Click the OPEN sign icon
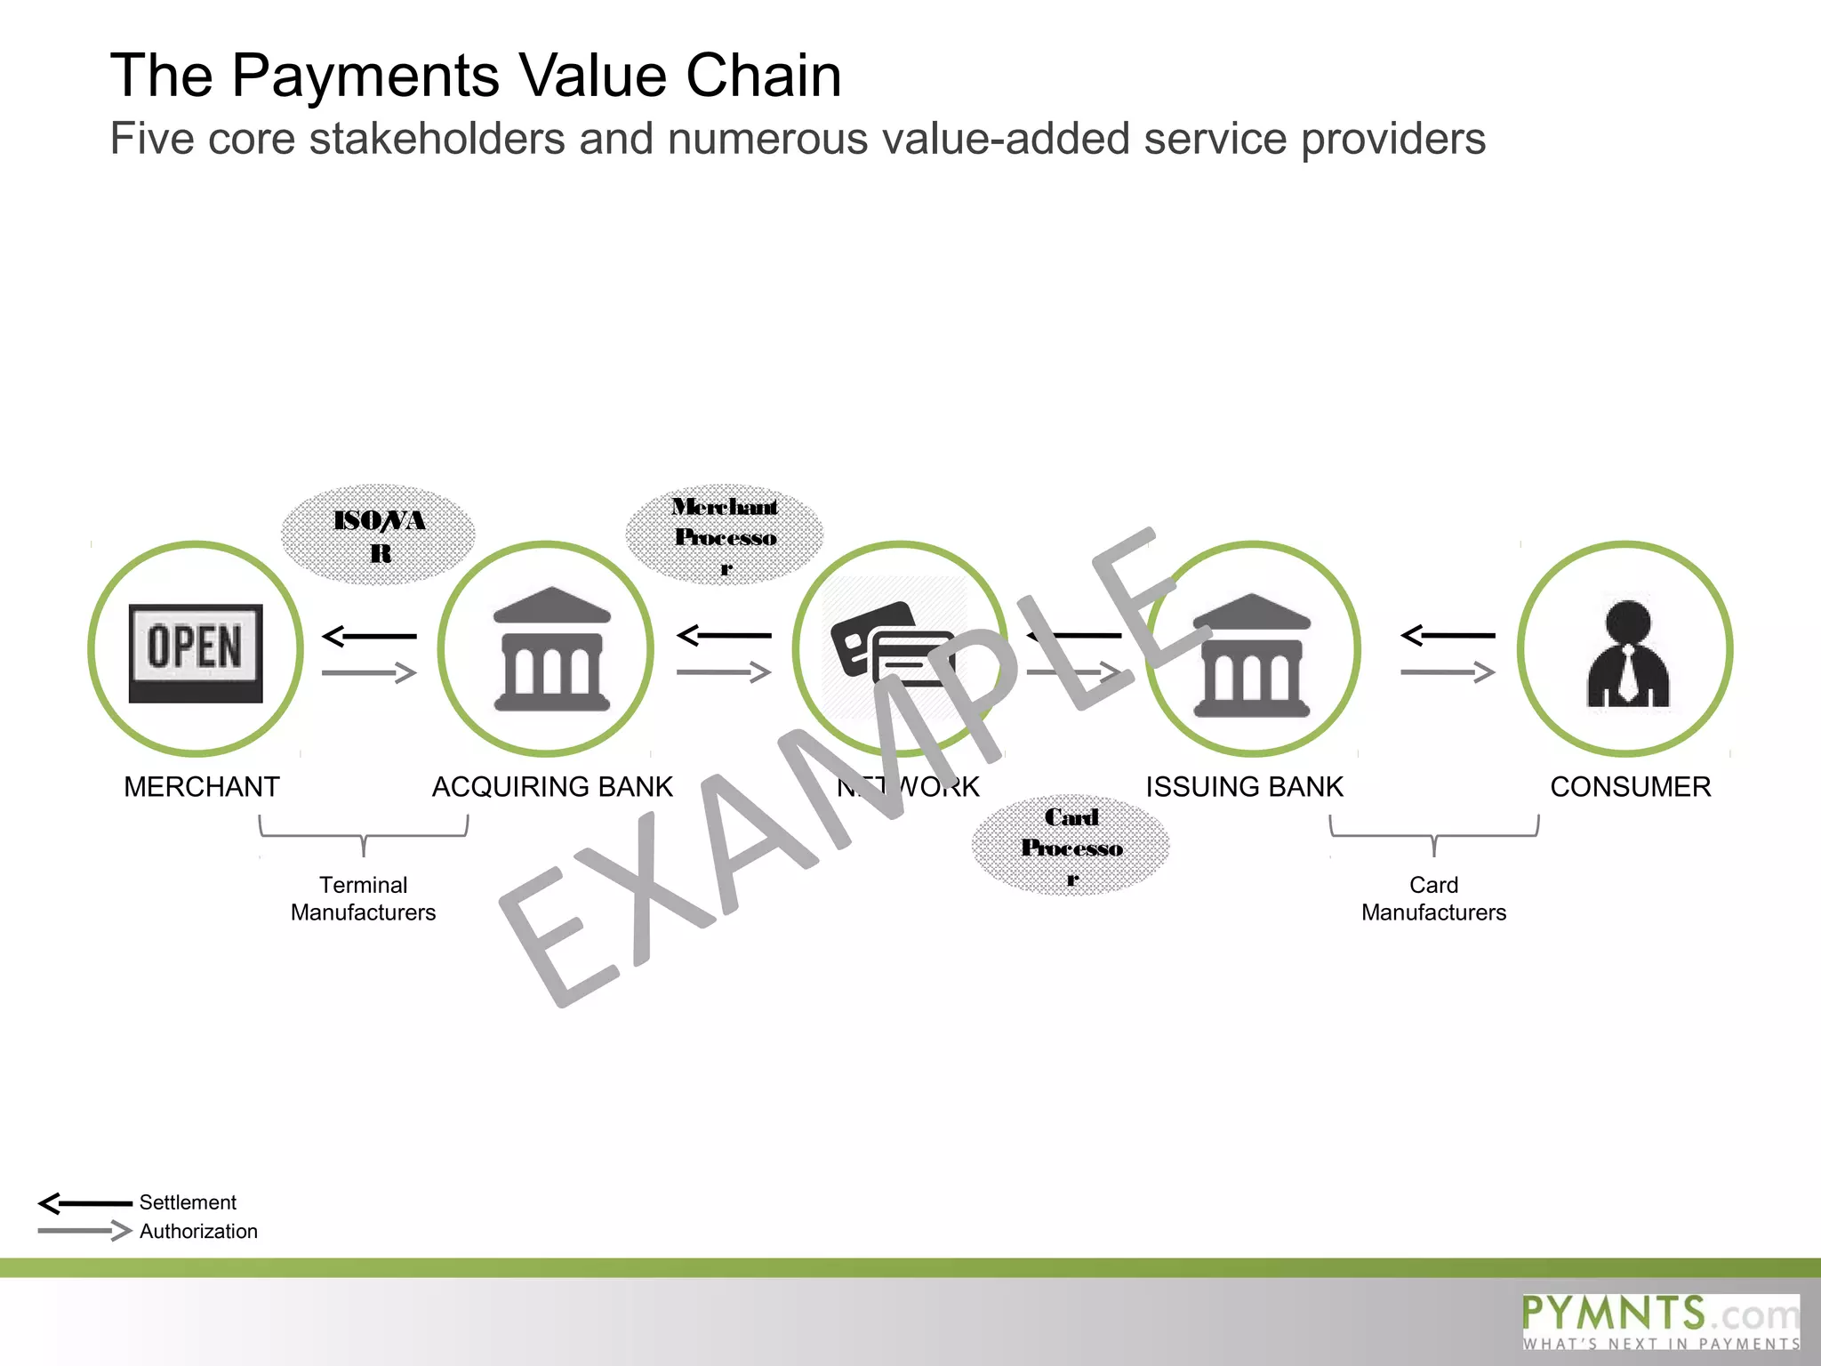click(x=196, y=652)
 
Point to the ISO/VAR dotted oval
click(x=379, y=534)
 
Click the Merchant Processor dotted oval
click(x=725, y=534)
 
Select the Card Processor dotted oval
click(x=1071, y=846)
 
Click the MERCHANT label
click(x=202, y=786)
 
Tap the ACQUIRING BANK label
click(x=552, y=786)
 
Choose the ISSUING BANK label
click(x=1244, y=786)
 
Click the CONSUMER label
click(x=1630, y=786)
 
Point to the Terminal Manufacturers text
click(x=363, y=898)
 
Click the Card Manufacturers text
click(x=1433, y=898)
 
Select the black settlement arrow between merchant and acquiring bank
click(x=369, y=636)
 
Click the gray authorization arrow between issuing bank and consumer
click(x=1448, y=672)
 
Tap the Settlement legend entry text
click(x=188, y=1202)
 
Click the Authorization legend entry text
click(x=198, y=1231)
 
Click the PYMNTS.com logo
click(x=1660, y=1322)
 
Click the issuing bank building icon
click(x=1252, y=655)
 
